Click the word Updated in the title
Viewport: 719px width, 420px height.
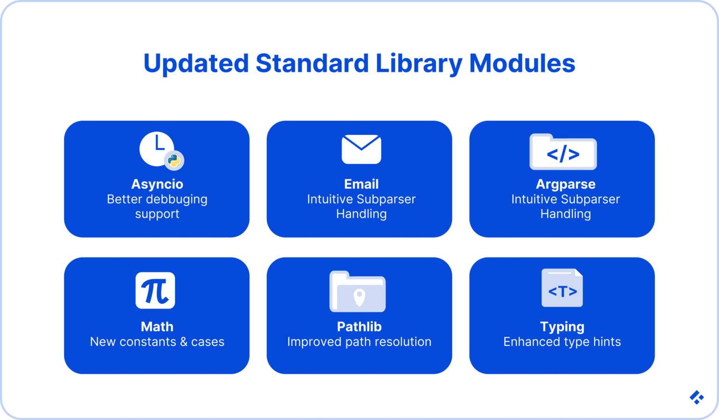(196, 64)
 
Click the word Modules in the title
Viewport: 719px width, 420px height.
(522, 64)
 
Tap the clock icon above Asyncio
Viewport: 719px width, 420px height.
(156, 149)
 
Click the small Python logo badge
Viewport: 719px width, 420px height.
(174, 161)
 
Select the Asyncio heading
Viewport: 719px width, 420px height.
(157, 184)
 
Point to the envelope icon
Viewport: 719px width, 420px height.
(361, 150)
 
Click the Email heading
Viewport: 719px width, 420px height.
(361, 184)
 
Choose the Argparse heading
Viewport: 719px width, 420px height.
(565, 184)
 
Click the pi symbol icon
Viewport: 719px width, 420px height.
(155, 291)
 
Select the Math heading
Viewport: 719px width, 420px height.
(157, 327)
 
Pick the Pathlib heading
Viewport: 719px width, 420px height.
(359, 327)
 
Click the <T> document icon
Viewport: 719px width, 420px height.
(562, 288)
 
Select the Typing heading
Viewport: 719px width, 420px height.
(562, 327)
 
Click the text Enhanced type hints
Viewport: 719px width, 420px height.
(562, 342)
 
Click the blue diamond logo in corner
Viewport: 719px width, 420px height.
(697, 397)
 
